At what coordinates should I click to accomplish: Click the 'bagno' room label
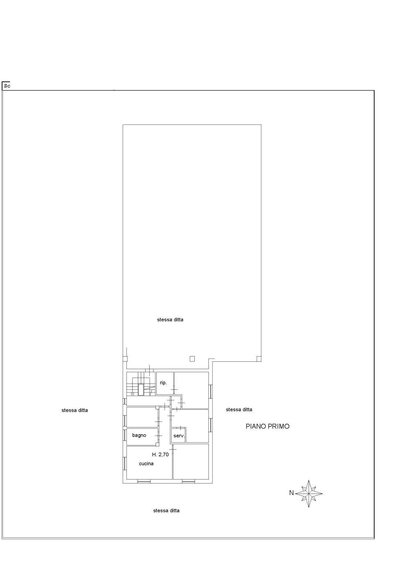point(139,435)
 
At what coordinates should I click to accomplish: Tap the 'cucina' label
point(146,464)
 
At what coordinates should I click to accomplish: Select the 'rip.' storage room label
point(163,383)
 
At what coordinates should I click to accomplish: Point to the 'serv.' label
point(179,436)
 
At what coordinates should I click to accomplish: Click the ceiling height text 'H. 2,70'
point(160,454)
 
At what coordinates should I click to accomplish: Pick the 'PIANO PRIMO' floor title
point(268,426)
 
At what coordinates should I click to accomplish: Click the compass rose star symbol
point(309,493)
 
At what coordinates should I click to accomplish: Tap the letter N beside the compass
point(291,493)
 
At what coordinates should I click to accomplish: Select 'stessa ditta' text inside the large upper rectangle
point(170,320)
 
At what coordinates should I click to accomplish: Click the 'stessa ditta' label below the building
point(166,511)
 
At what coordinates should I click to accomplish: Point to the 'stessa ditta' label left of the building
point(75,410)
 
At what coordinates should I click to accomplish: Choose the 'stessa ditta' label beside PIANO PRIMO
point(239,409)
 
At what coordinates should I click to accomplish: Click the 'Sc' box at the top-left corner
point(7,86)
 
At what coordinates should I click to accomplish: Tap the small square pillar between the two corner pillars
point(192,358)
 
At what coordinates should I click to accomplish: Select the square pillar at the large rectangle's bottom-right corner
point(259,358)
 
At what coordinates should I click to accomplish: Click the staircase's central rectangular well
point(141,389)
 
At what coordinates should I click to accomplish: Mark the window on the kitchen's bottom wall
point(144,481)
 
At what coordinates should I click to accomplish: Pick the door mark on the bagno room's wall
point(159,436)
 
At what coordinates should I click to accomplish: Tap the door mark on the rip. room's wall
point(174,389)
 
